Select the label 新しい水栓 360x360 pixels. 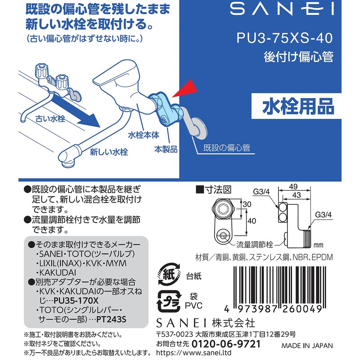click(108, 152)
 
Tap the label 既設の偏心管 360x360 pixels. click(226, 148)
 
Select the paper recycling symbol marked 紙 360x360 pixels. click(166, 273)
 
